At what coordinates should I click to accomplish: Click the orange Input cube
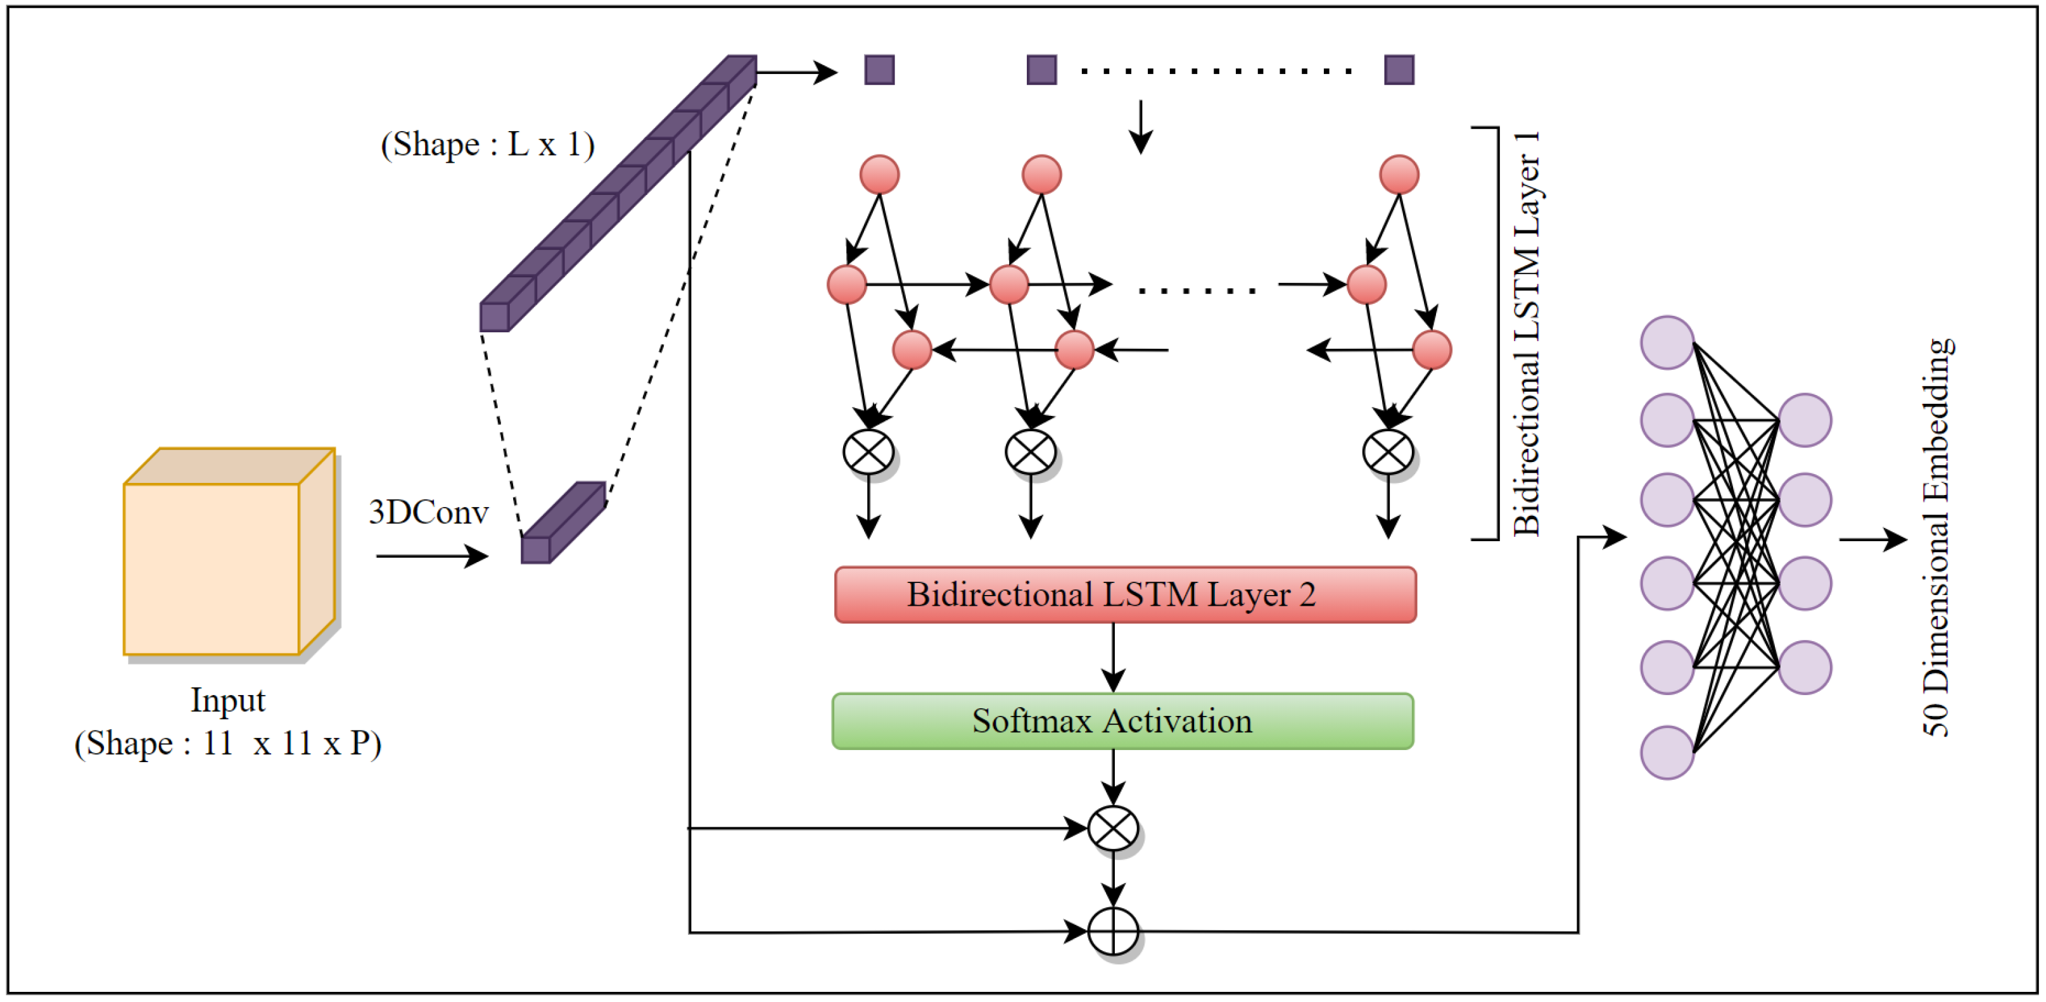point(213,567)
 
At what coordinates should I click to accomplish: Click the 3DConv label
point(428,512)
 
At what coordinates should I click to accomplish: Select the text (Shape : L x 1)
point(488,144)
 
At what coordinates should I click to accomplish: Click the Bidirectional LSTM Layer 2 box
point(1124,595)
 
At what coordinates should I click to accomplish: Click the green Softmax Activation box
point(1122,721)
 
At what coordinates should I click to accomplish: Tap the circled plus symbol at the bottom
point(1113,930)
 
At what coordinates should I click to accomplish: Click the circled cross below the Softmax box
point(1113,828)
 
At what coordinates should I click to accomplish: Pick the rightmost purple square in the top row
point(1399,70)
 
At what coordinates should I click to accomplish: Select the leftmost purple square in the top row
point(879,70)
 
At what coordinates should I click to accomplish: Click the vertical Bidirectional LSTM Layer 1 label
point(1527,334)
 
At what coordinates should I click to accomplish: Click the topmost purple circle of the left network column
point(1667,343)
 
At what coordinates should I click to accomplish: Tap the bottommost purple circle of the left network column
point(1667,752)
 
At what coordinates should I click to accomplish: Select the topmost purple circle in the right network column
point(1805,421)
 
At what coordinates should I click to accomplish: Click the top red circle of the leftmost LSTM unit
point(879,175)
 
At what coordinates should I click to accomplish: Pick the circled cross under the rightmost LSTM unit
point(1388,453)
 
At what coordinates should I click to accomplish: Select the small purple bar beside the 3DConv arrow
point(562,524)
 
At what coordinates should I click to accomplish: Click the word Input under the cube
point(227,700)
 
